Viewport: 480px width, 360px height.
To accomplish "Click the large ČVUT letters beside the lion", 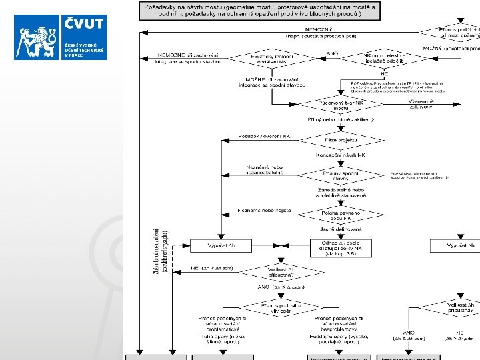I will (x=84, y=25).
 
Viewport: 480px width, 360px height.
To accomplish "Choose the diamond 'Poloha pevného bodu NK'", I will (x=340, y=215).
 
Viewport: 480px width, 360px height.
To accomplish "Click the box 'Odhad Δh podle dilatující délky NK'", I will (x=340, y=247).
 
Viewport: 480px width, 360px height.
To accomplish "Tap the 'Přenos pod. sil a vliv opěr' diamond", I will (x=277, y=307).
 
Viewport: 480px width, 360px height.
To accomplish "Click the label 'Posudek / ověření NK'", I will (x=264, y=136).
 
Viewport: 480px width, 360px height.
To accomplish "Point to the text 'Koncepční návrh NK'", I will (x=340, y=155).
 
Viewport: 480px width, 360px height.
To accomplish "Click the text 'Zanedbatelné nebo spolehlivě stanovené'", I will (x=340, y=193).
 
